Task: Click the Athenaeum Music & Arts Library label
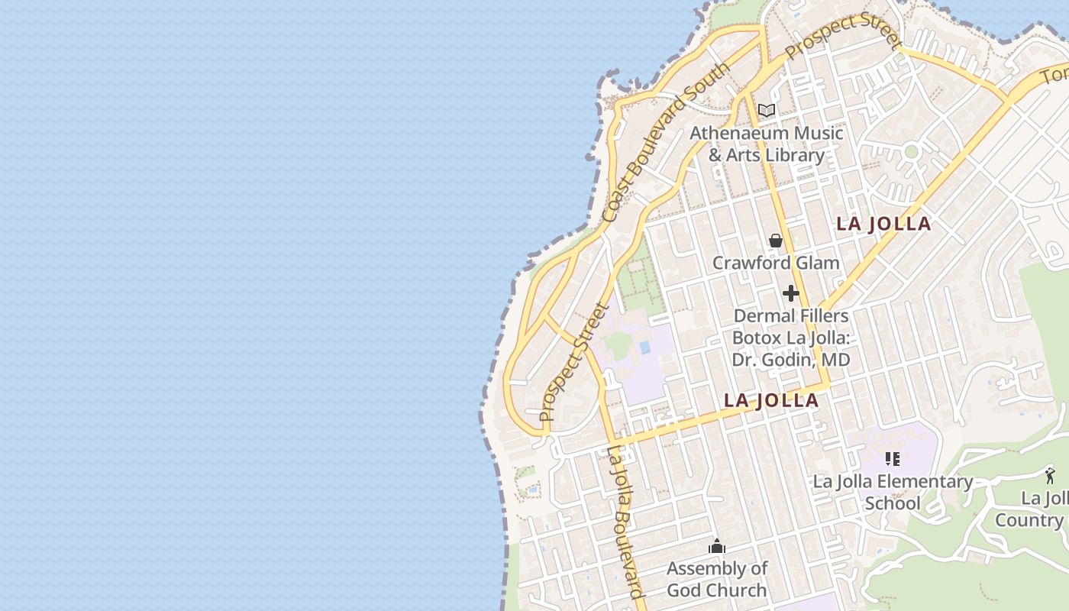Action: point(767,144)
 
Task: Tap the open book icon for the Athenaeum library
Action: point(767,111)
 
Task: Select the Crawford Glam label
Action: point(776,263)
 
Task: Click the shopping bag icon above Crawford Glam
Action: point(776,241)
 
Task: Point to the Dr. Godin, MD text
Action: point(791,359)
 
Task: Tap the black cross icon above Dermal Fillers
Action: point(791,293)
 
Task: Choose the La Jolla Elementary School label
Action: point(893,492)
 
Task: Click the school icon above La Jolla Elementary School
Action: point(893,459)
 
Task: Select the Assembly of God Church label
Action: point(717,579)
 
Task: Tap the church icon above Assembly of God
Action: point(717,546)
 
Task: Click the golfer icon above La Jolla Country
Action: point(1051,476)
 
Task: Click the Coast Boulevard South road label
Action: point(665,144)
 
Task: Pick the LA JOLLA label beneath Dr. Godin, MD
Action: point(771,400)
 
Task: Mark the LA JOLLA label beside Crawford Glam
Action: point(883,224)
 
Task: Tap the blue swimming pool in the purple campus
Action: point(645,348)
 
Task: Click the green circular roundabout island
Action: point(911,150)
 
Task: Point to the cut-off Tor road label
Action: point(1055,75)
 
